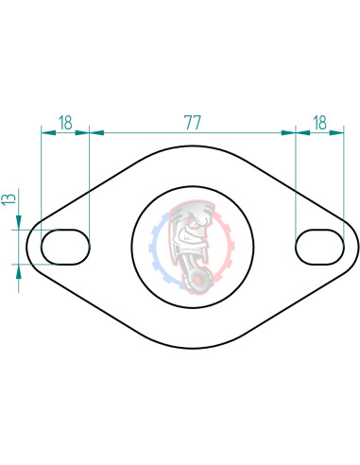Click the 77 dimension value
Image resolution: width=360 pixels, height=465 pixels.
click(x=192, y=122)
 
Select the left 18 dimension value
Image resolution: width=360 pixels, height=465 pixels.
click(x=65, y=122)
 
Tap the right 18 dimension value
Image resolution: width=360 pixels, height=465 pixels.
click(x=319, y=122)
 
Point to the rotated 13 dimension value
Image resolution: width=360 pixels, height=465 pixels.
click(x=9, y=199)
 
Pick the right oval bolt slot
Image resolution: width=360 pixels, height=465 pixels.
click(x=319, y=247)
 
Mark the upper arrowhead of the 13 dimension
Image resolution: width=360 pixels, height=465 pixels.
click(x=19, y=224)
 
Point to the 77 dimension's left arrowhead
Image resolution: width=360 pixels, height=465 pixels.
click(x=94, y=133)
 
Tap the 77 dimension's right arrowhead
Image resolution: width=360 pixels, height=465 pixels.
click(x=290, y=133)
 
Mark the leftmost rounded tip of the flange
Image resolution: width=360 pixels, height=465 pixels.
click(x=26, y=247)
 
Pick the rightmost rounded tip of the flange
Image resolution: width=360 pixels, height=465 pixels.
click(x=358, y=247)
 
